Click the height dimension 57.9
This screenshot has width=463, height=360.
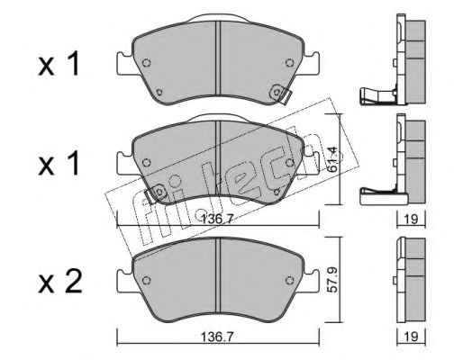334,280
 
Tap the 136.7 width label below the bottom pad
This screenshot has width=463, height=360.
217,337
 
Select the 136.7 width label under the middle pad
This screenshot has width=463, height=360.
217,220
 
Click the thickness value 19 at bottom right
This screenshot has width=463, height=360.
411,337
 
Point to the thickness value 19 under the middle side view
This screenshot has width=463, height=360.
411,220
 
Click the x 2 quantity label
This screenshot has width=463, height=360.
60,282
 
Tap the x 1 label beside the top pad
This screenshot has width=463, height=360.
59,63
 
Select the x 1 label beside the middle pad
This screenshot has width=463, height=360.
59,163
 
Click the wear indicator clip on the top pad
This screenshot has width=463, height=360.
280,94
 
